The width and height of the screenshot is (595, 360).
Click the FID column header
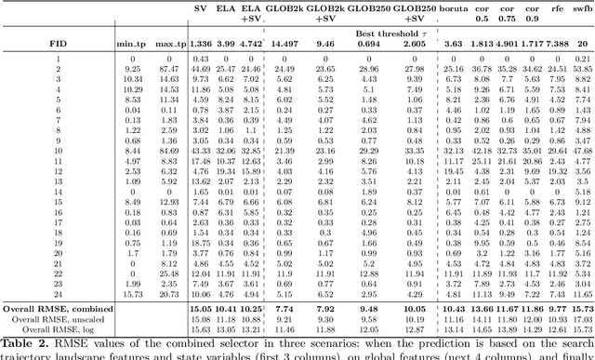tap(57, 44)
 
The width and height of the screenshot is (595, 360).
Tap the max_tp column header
tap(168, 44)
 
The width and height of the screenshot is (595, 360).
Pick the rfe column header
tap(557, 8)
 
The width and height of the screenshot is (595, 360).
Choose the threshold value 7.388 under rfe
tap(557, 44)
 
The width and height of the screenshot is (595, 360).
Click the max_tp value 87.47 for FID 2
tap(168, 69)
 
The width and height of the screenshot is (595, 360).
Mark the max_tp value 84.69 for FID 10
tap(168, 150)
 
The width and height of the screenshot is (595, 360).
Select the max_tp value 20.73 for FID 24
tap(168, 293)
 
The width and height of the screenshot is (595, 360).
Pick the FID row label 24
tap(57, 293)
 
